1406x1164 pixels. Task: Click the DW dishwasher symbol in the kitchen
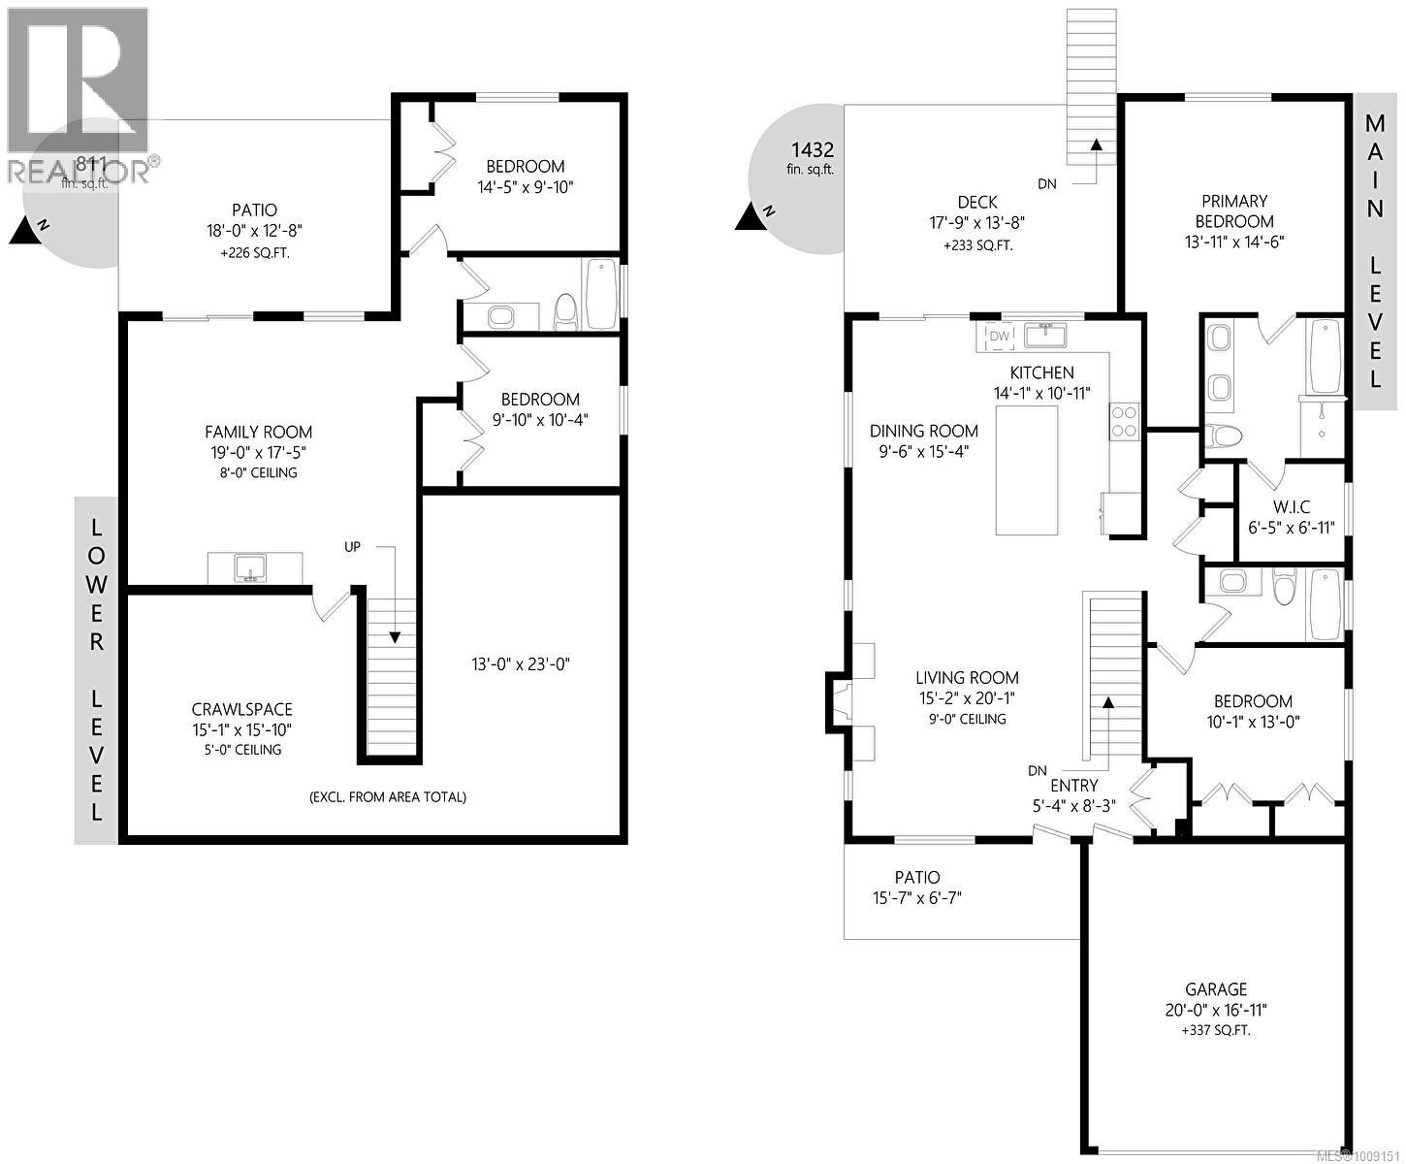coord(999,336)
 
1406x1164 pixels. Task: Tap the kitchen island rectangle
coord(1026,470)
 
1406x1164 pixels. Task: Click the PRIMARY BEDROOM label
coord(1234,210)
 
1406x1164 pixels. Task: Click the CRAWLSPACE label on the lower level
coord(241,709)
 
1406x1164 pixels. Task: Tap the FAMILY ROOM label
coord(258,432)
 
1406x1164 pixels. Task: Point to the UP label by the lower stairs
coord(352,547)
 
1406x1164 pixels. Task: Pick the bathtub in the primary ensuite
coord(1323,356)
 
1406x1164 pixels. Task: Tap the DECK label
coord(976,202)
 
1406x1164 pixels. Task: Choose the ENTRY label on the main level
coord(1073,785)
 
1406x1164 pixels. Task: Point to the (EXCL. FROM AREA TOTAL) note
coord(388,796)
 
